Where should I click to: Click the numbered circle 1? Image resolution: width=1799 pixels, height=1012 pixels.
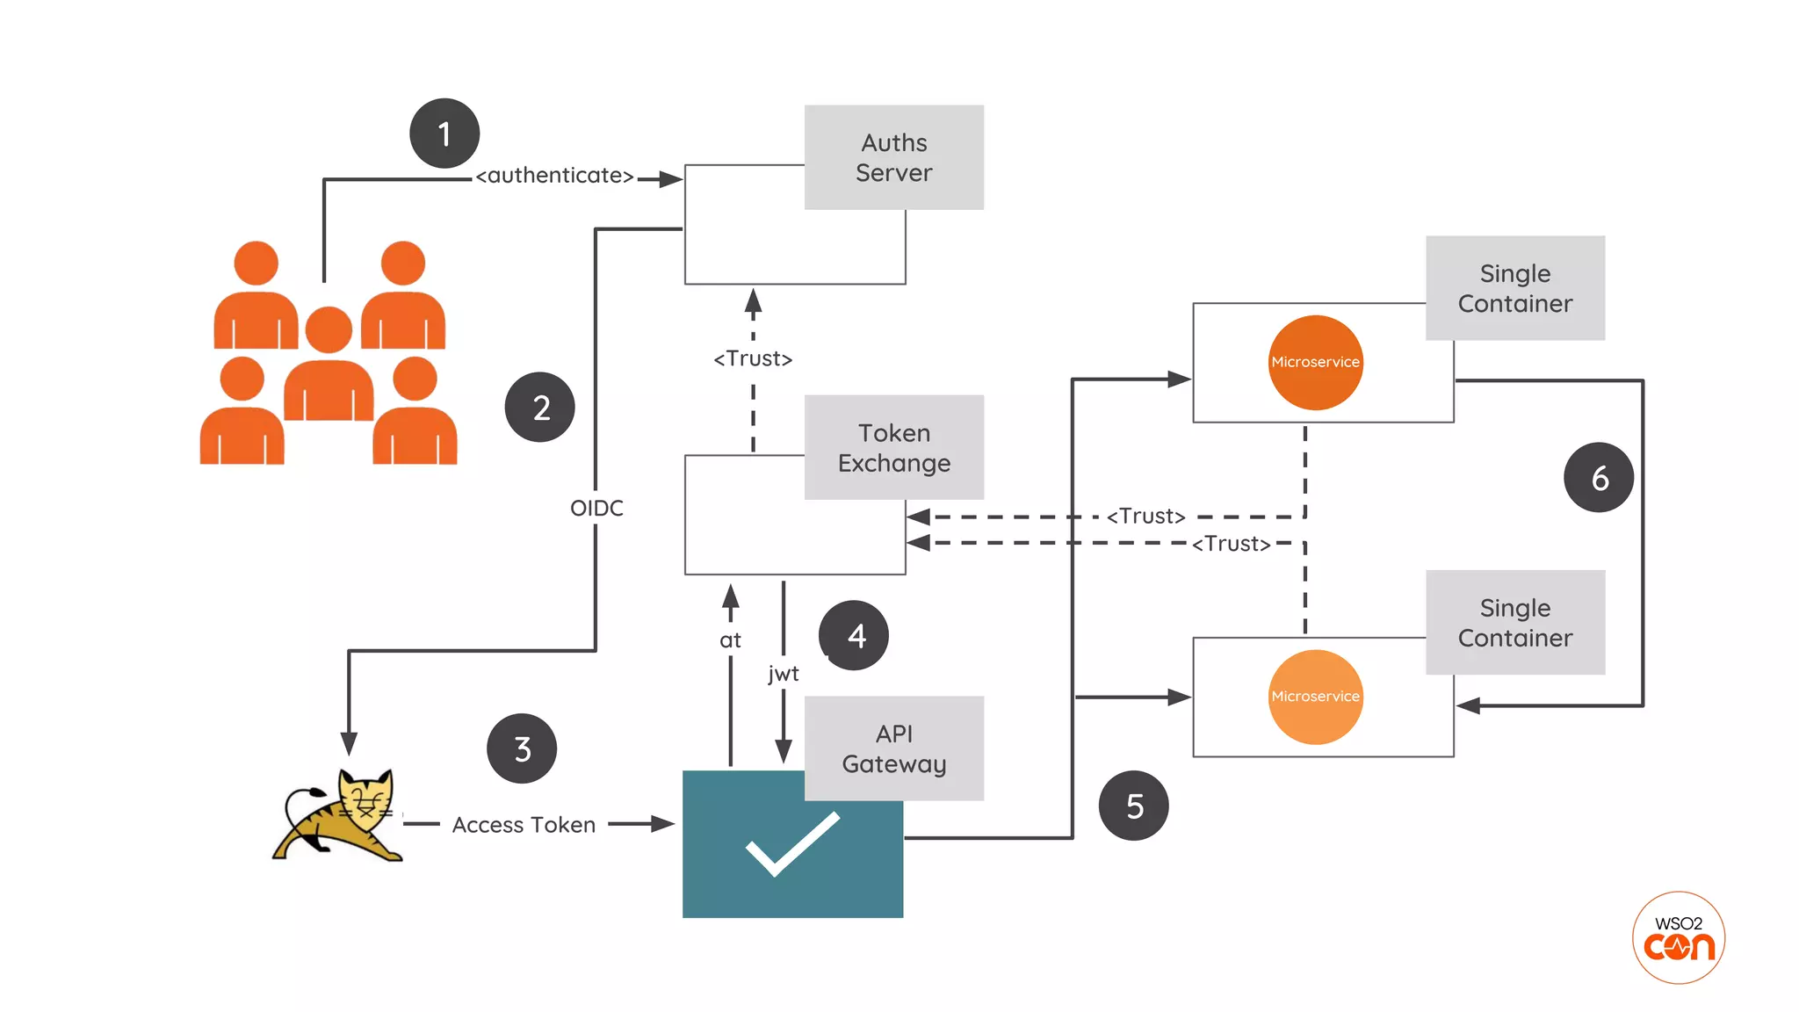[x=444, y=134]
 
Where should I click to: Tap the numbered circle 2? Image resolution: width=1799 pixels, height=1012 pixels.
[x=540, y=407]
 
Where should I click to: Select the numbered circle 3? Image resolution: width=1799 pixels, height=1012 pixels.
[x=522, y=748]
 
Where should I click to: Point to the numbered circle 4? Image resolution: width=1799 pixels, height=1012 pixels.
[x=854, y=635]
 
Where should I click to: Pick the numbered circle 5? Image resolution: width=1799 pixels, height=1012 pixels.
[x=1134, y=806]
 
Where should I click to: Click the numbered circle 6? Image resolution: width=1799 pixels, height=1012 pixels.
[x=1599, y=478]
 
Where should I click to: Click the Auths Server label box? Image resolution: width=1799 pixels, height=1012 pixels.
[x=893, y=157]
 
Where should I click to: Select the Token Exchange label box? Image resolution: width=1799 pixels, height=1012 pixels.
[x=893, y=447]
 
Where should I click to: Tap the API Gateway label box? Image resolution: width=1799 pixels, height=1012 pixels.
[x=893, y=748]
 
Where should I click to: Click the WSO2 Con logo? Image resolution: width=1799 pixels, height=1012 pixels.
[x=1679, y=938]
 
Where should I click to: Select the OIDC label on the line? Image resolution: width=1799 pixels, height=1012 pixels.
[x=596, y=508]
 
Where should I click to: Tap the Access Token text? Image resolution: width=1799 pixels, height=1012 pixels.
[x=524, y=825]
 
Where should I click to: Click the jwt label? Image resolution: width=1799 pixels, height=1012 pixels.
[x=783, y=673]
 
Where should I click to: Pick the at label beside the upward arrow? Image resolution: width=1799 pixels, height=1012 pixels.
[x=730, y=640]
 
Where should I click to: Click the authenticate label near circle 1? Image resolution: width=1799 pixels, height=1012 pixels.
[x=554, y=176]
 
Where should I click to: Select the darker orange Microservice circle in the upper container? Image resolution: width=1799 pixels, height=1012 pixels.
[x=1315, y=363]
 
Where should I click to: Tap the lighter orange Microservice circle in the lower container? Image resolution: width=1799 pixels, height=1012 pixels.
[x=1315, y=697]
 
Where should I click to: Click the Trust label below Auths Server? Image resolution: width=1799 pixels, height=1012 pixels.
[x=753, y=358]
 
